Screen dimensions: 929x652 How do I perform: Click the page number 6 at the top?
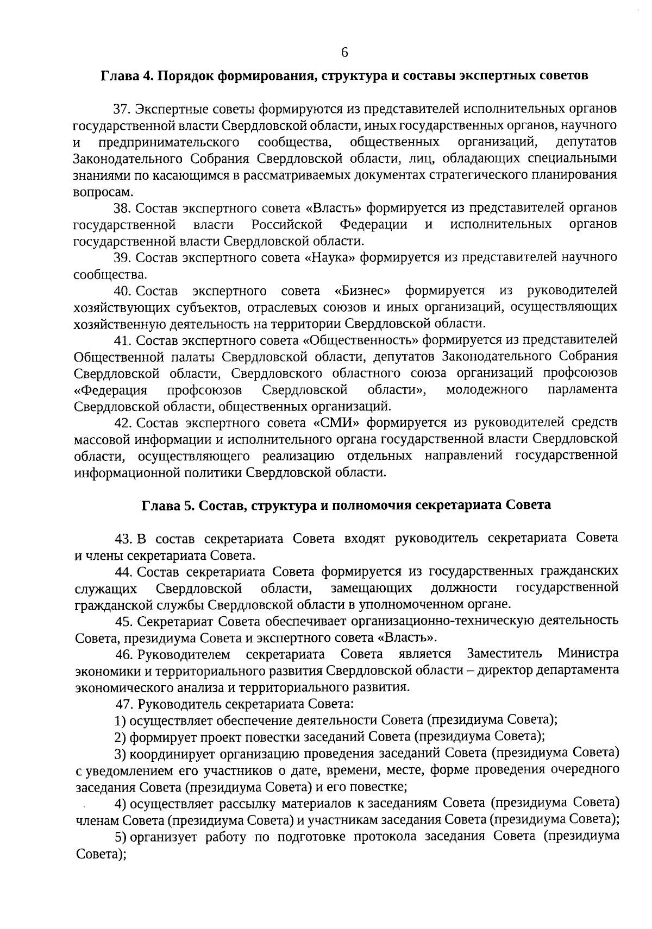point(344,52)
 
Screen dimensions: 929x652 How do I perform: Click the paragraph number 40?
point(122,290)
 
